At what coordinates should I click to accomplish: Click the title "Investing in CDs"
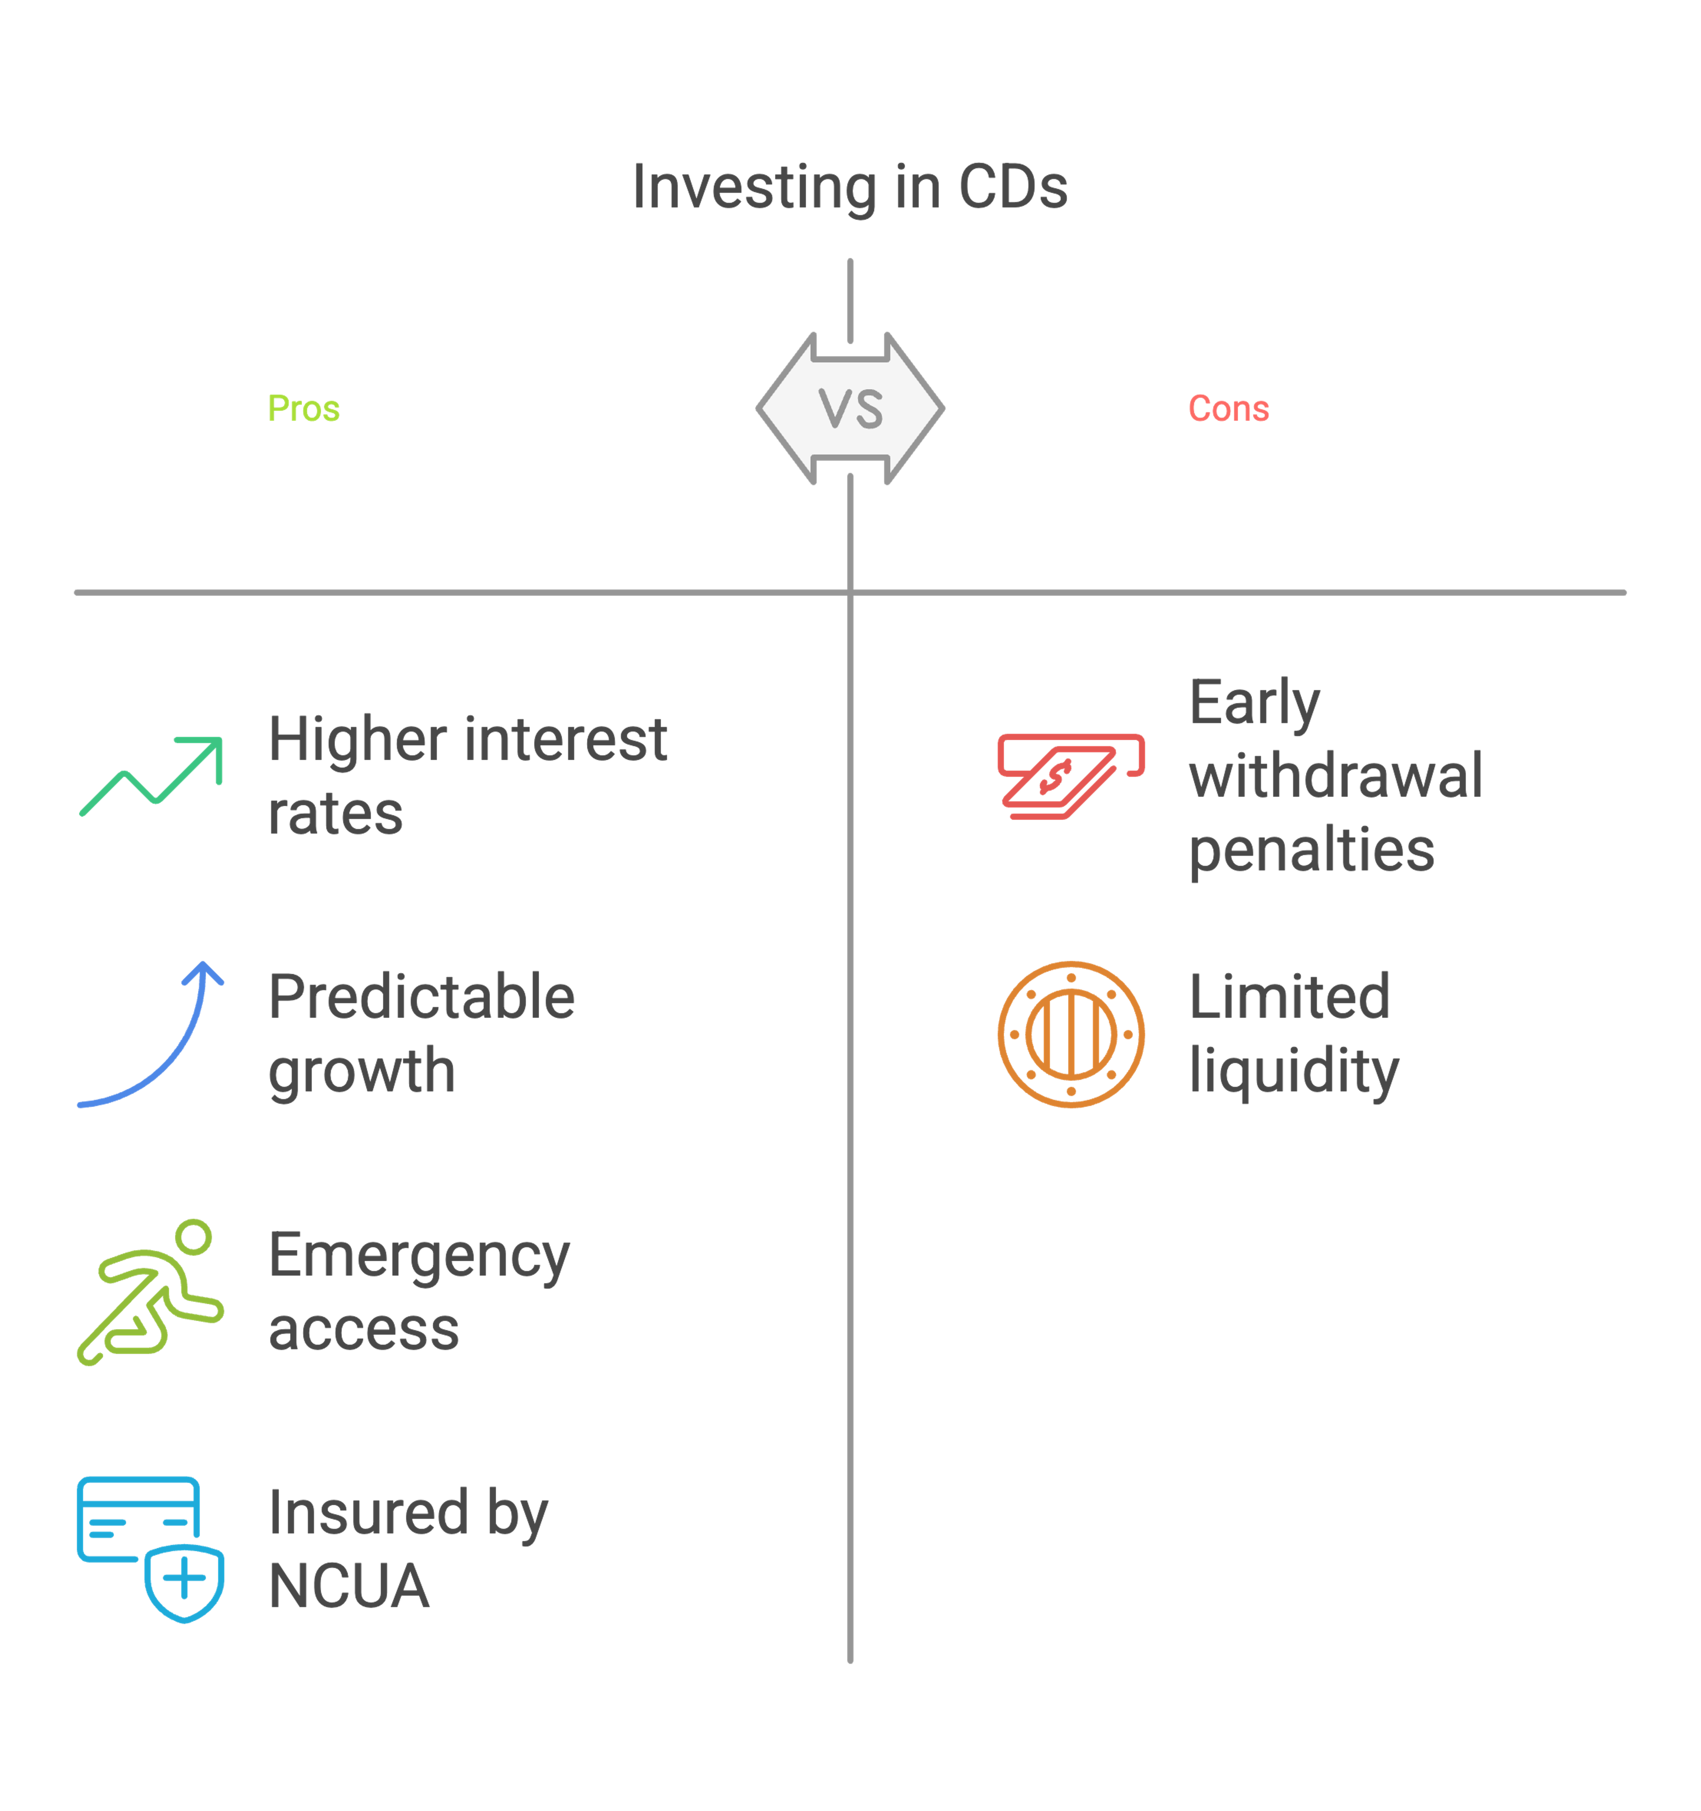(850, 187)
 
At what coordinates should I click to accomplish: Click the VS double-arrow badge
(850, 408)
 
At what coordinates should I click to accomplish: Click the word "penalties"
(1312, 851)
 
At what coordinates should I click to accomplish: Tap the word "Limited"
(1289, 997)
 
